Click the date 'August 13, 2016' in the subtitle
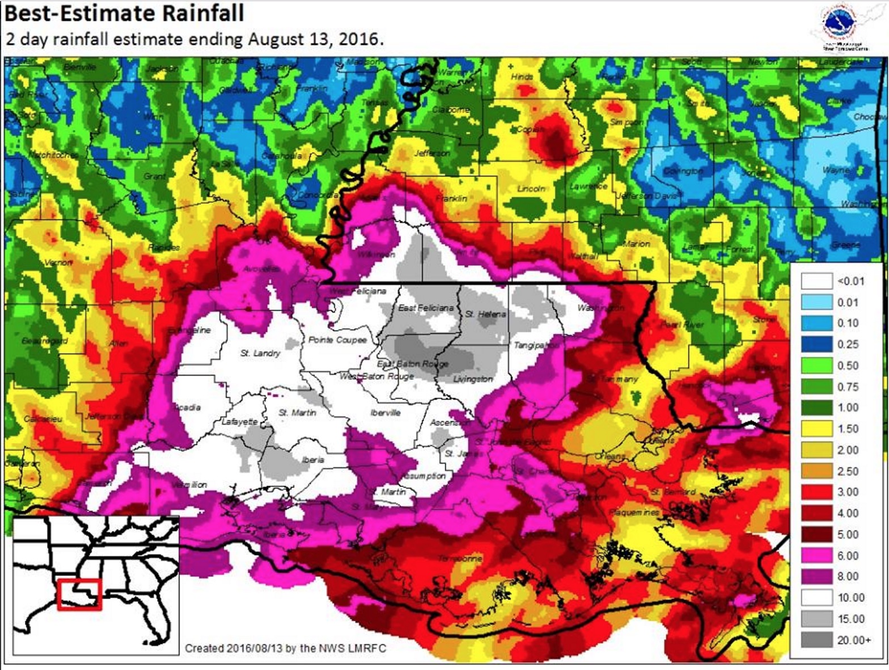click(x=315, y=39)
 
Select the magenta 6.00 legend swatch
click(x=816, y=555)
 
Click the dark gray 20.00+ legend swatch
click(x=816, y=639)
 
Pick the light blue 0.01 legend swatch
click(x=816, y=302)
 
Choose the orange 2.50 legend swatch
click(x=816, y=471)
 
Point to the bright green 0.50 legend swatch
click(x=816, y=366)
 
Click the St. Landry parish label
click(x=260, y=353)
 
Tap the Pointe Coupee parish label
click(x=337, y=340)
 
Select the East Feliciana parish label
click(x=426, y=308)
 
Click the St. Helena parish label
click(x=485, y=313)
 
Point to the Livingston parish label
click(x=473, y=379)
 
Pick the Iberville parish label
click(x=386, y=413)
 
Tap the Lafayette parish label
click(x=239, y=422)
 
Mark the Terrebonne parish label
click(x=460, y=558)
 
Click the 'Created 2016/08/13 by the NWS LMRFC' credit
click(x=285, y=648)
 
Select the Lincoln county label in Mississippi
click(x=531, y=189)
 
